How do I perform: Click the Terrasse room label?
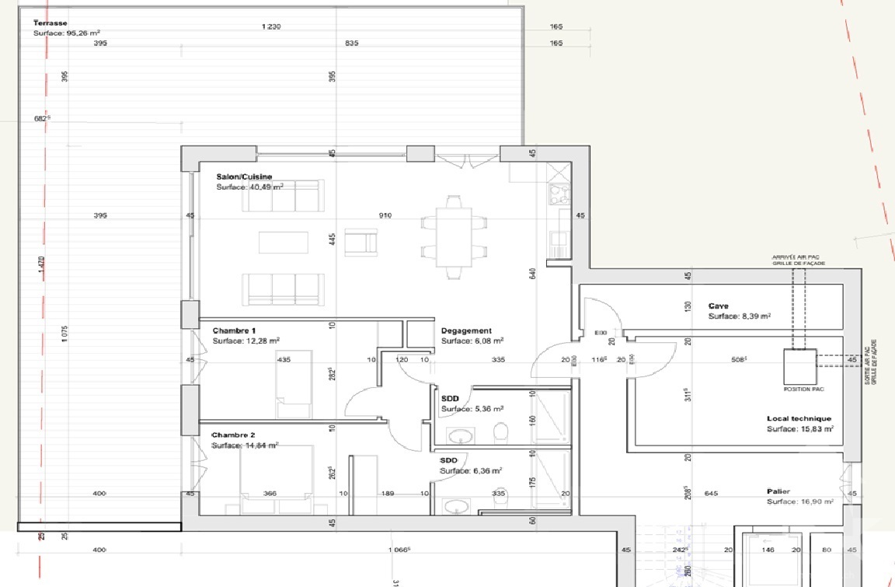(x=50, y=23)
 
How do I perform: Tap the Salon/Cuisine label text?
(x=244, y=176)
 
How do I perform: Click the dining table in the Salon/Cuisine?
(x=454, y=237)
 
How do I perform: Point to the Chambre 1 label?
(x=234, y=330)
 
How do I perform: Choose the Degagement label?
(x=466, y=330)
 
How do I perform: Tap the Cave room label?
(x=718, y=306)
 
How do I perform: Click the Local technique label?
(x=799, y=418)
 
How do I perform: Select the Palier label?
(x=778, y=491)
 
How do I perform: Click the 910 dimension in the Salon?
(x=385, y=215)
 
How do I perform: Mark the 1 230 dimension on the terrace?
(x=270, y=26)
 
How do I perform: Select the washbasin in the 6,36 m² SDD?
(x=455, y=505)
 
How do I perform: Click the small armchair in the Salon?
(x=360, y=243)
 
